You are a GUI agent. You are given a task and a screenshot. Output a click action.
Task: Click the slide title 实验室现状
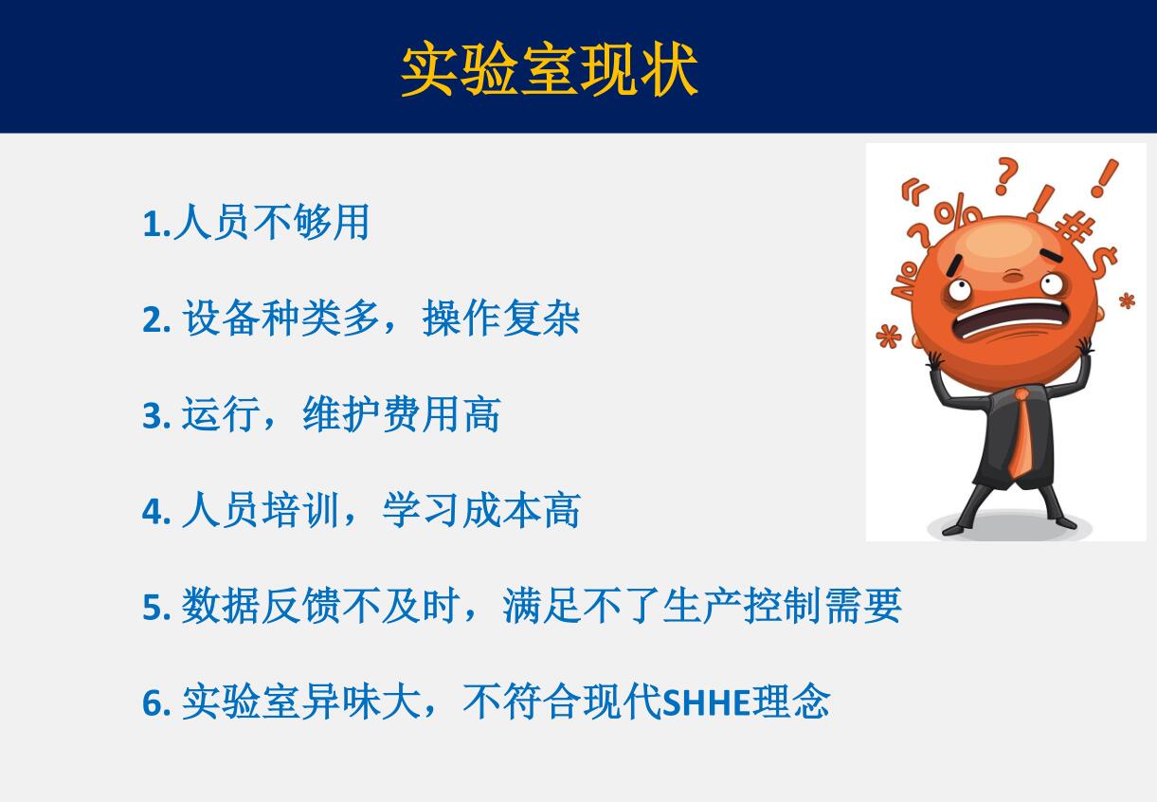point(550,69)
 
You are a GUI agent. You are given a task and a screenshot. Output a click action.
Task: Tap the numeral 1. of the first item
point(156,224)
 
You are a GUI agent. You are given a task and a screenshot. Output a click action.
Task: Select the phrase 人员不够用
point(272,222)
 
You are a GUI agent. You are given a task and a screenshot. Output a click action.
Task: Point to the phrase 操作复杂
point(501,318)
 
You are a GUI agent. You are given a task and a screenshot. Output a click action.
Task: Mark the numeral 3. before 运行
point(156,415)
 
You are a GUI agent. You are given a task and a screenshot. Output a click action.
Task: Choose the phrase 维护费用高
point(402,414)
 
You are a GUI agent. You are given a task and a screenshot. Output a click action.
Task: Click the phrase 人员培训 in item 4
point(261,510)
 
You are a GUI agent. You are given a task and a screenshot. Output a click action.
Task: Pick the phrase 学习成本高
point(481,510)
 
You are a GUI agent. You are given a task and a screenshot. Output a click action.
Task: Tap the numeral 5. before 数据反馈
point(156,607)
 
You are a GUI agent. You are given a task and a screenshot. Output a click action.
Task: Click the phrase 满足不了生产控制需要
point(702,605)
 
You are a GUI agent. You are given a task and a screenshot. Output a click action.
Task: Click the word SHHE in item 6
point(706,702)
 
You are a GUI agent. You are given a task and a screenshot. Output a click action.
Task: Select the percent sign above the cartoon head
point(957,210)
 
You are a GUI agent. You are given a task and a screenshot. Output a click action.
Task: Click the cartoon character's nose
point(1013,277)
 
